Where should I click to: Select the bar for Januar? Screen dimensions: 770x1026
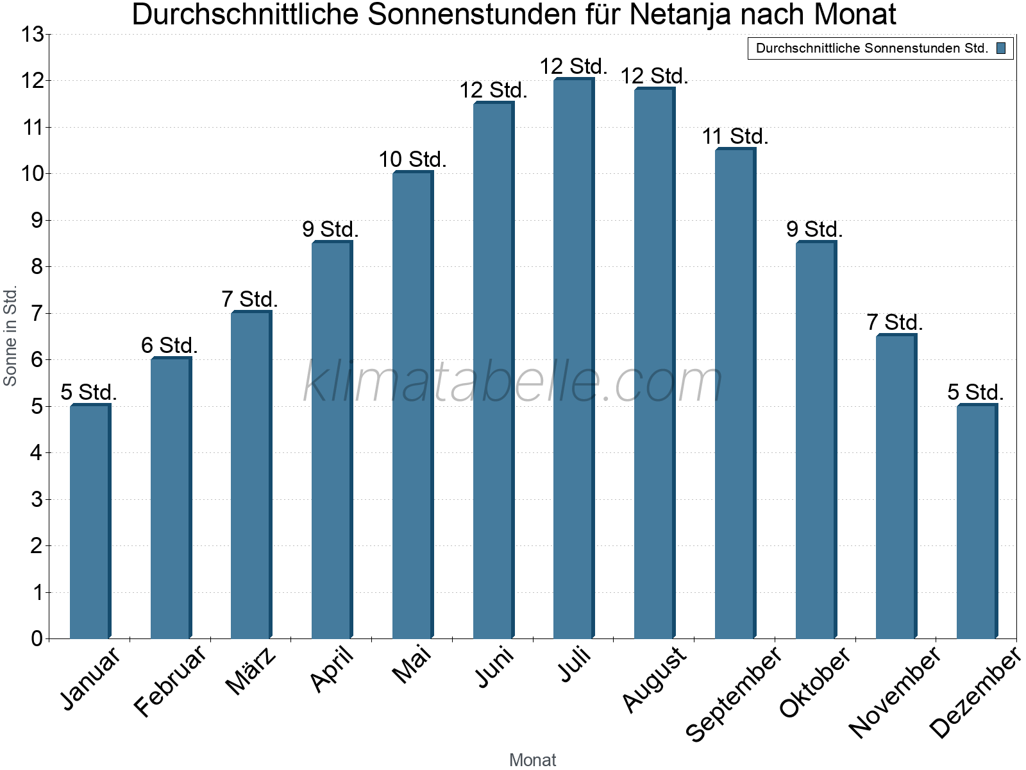[90, 521]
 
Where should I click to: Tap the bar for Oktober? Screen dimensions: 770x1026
[816, 440]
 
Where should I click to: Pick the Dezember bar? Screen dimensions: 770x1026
[977, 521]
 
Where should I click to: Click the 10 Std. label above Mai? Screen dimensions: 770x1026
[412, 159]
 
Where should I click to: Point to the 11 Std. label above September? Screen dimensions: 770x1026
[735, 136]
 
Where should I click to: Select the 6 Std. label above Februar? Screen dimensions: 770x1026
[169, 345]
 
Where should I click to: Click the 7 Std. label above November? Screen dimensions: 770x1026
[895, 322]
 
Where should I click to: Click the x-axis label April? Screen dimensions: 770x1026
[332, 669]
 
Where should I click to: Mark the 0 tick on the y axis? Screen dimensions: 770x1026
[37, 638]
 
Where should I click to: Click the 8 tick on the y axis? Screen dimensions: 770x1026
[37, 267]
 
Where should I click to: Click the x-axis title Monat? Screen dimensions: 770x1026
[532, 760]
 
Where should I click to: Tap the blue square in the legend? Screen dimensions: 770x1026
[1001, 48]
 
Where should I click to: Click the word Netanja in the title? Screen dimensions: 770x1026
[680, 14]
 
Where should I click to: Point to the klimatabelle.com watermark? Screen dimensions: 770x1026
[513, 382]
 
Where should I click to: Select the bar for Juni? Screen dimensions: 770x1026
[493, 370]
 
